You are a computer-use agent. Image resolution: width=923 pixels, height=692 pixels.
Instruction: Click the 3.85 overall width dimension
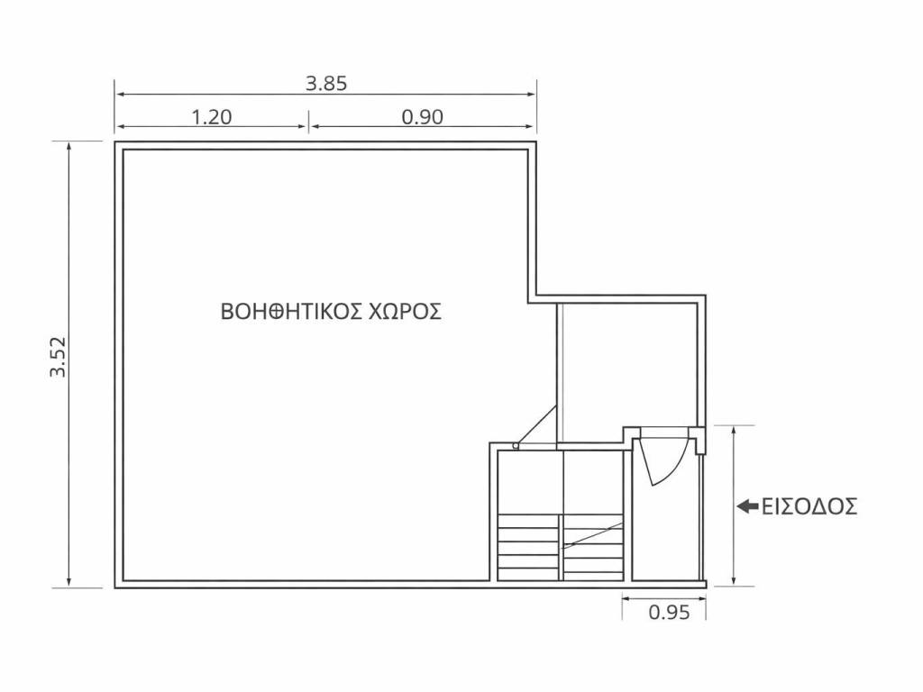point(326,84)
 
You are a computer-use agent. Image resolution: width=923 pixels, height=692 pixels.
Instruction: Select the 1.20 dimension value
point(212,117)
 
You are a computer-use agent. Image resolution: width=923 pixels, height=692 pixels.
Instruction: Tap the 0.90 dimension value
point(422,117)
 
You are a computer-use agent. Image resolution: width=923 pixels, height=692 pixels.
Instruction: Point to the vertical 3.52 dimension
point(59,357)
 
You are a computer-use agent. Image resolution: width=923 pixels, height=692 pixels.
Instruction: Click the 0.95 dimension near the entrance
point(669,613)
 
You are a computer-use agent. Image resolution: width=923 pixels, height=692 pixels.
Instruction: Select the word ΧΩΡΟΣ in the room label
point(405,311)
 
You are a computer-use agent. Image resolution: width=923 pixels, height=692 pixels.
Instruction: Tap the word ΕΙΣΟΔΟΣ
point(809,506)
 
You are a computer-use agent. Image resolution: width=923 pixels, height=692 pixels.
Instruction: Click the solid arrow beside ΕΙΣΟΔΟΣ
point(747,506)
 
